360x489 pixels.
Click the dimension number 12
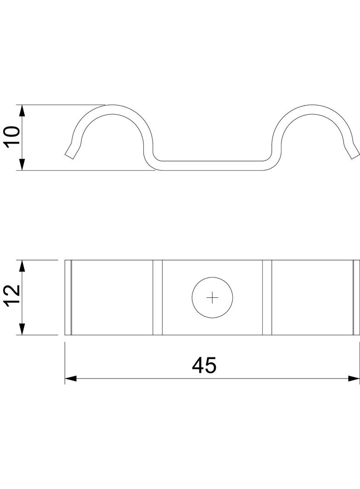[x=13, y=295]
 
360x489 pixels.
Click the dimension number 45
[x=204, y=366]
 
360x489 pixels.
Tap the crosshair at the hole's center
[x=212, y=298]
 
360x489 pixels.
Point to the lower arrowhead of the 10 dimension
[x=22, y=164]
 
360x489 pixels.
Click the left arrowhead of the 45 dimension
[x=71, y=378]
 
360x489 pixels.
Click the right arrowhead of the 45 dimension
[x=354, y=378]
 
